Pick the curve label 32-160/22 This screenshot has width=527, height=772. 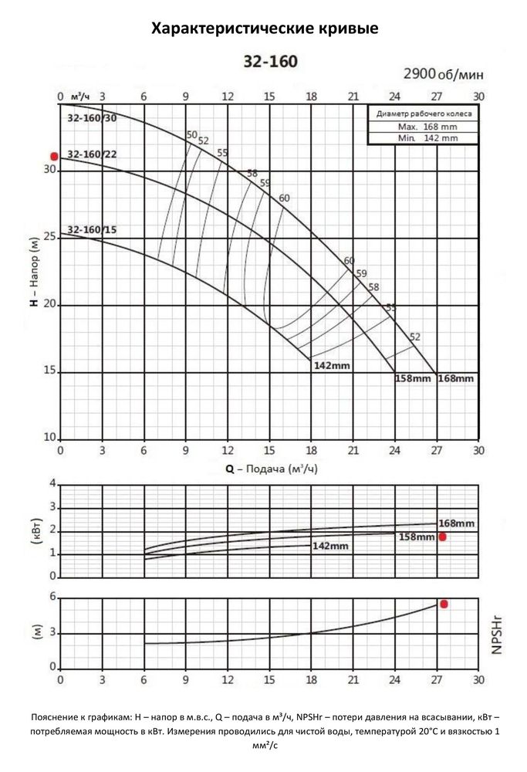click(x=93, y=154)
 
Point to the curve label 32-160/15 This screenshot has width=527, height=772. click(x=93, y=230)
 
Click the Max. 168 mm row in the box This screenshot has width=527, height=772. click(x=423, y=126)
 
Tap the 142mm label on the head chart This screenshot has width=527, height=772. click(x=332, y=364)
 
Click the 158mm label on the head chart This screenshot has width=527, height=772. click(x=413, y=378)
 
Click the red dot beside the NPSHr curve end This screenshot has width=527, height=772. click(x=444, y=604)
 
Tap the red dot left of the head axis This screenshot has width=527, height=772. click(x=54, y=156)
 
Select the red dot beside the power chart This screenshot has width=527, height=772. click(x=443, y=537)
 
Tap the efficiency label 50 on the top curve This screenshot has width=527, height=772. click(x=192, y=136)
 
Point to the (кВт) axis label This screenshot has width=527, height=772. click(x=35, y=530)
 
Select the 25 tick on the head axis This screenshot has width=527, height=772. click(x=51, y=236)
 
